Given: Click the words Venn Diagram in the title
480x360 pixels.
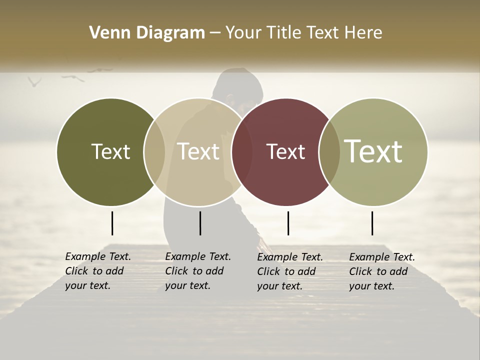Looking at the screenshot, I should tap(147, 33).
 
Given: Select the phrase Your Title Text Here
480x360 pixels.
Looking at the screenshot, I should tap(303, 33).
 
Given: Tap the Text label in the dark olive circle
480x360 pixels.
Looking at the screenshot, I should tap(110, 151).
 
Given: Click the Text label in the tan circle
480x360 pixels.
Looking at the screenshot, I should tap(198, 151).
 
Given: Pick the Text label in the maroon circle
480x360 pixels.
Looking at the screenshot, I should tap(285, 151).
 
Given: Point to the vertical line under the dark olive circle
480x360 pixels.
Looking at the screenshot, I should tap(112, 223).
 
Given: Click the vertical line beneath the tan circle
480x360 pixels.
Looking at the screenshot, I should tap(200, 223).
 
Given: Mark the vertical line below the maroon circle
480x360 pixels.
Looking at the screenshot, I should tap(288, 223).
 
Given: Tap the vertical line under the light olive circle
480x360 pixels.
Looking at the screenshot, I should tap(372, 223).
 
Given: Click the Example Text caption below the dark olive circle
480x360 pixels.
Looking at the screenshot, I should tap(97, 271).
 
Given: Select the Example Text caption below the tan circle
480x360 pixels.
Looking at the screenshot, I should tap(197, 271).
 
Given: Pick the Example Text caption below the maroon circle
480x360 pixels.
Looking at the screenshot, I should tap(289, 271).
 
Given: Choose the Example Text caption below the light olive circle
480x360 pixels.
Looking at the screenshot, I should tap(381, 271).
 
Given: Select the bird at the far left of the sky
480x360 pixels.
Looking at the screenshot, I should tap(34, 81).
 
